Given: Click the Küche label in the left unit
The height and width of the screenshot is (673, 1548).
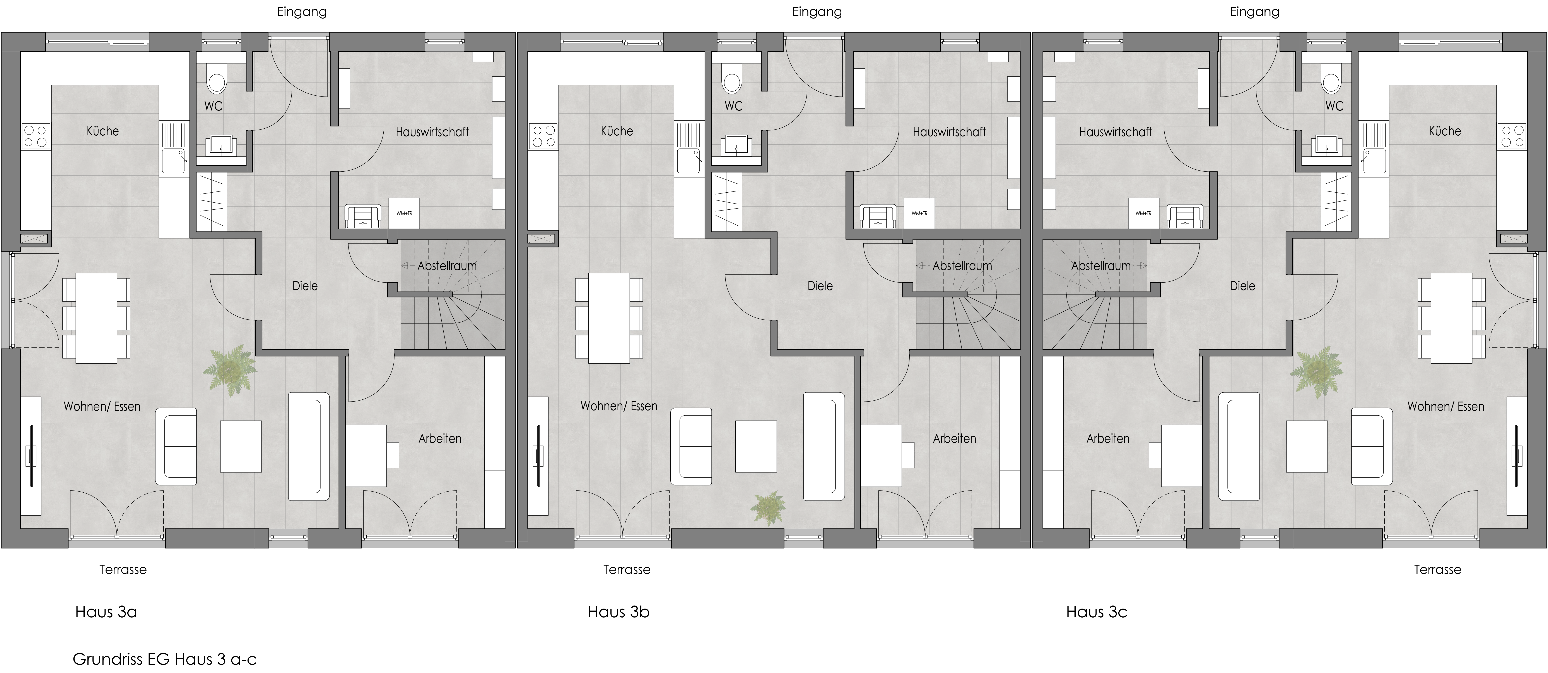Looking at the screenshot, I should pos(103,131).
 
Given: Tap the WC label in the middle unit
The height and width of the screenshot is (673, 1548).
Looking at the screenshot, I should pos(733,107).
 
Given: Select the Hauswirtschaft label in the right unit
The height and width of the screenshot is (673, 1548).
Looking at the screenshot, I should pos(1115,132).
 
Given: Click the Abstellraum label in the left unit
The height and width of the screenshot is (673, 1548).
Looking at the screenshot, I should pos(447,266).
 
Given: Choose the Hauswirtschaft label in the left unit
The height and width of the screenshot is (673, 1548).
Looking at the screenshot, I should pos(432,132).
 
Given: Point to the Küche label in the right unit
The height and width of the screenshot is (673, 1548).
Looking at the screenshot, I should pos(1445,131).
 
